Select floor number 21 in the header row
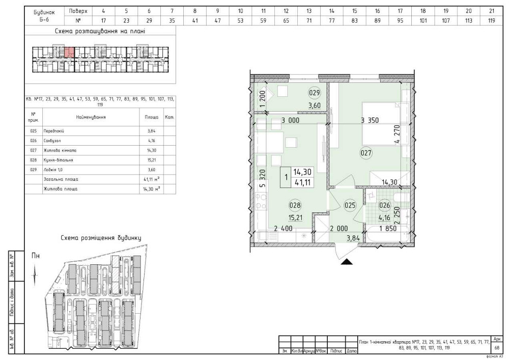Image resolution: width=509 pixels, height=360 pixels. point(491,10)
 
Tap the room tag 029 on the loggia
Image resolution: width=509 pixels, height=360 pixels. point(315,93)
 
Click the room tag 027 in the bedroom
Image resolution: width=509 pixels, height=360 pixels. point(367,152)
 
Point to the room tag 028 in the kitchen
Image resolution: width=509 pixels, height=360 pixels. point(295,206)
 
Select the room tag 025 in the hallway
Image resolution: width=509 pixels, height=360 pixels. point(350,206)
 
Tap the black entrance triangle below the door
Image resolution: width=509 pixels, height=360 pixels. point(347,262)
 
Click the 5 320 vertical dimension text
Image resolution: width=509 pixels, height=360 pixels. point(262,179)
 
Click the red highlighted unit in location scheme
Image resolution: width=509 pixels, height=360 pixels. point(69,51)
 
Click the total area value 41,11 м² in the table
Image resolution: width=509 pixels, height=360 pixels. point(151,180)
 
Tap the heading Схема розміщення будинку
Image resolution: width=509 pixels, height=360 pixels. point(101,238)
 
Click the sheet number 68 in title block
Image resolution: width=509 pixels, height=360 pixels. point(496,348)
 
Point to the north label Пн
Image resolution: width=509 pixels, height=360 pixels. point(36,256)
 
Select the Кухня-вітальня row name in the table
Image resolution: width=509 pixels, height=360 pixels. point(60,160)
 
